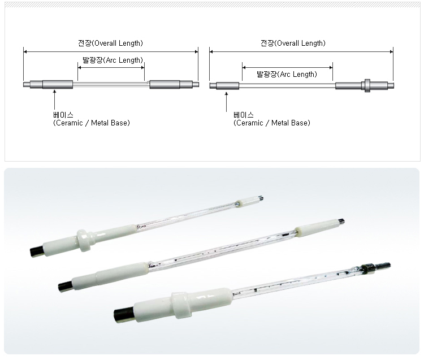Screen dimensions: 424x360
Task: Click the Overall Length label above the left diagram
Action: click(x=110, y=44)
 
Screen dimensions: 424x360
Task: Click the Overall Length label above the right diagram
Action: click(x=293, y=44)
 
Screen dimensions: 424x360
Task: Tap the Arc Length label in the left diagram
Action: click(x=113, y=60)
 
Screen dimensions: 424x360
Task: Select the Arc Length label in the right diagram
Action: click(x=287, y=75)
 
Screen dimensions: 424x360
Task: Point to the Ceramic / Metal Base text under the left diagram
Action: click(x=92, y=123)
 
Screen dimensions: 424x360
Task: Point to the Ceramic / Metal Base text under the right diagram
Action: click(x=272, y=123)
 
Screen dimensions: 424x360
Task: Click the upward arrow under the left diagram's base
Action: click(x=55, y=99)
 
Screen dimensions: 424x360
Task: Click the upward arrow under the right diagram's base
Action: click(x=226, y=102)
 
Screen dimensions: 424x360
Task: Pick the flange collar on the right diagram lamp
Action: click(x=367, y=85)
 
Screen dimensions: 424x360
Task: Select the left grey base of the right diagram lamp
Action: click(x=227, y=86)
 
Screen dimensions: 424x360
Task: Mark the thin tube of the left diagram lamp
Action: click(x=111, y=84)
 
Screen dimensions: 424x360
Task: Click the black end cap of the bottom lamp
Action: click(x=124, y=315)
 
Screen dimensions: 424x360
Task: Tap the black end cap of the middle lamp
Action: click(x=66, y=286)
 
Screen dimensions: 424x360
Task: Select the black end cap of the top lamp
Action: click(x=36, y=252)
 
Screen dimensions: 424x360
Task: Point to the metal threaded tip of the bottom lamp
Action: click(x=382, y=266)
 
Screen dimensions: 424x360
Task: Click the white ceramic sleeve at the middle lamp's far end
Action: click(x=317, y=228)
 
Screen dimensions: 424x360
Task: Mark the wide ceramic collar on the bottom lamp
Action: click(x=181, y=305)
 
